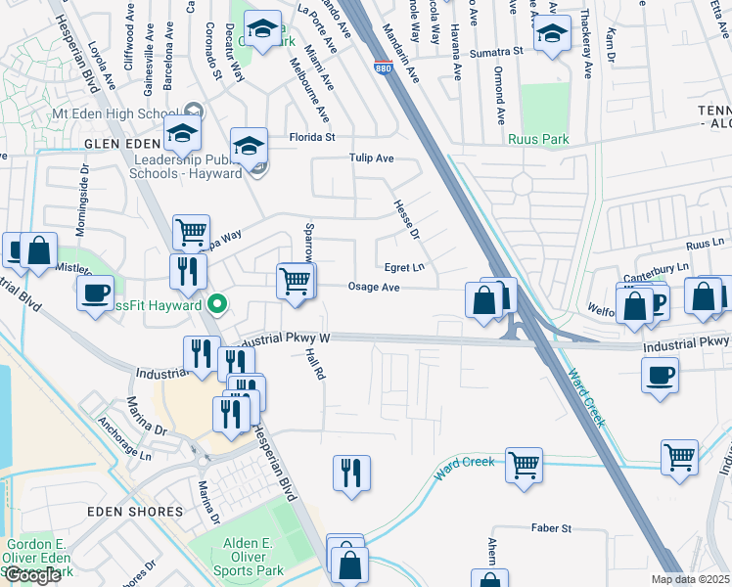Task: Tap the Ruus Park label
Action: click(537, 139)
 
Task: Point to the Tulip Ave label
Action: click(372, 158)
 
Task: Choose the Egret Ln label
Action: click(404, 266)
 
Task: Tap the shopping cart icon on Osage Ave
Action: click(295, 280)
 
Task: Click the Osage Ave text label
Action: click(375, 288)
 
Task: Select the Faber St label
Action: click(552, 528)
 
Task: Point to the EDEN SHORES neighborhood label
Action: click(134, 512)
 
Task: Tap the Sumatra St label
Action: click(497, 52)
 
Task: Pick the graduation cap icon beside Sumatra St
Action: click(552, 35)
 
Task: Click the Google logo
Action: click(31, 575)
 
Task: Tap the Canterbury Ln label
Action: click(662, 266)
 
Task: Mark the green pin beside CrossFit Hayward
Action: click(218, 305)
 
